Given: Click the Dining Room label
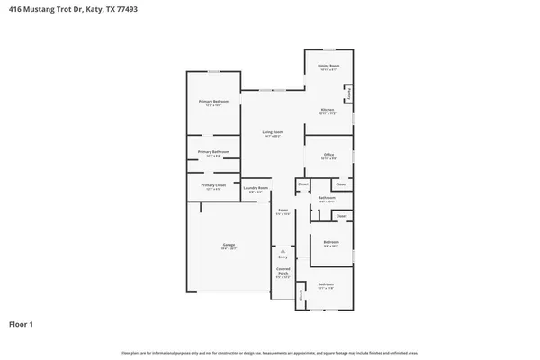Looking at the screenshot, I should (328, 66).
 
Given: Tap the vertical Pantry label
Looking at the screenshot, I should (349, 93).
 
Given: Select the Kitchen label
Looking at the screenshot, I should (328, 111).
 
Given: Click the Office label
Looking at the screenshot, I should (328, 155).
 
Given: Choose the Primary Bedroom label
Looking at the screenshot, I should (213, 102).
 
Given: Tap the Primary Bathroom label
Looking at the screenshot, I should (213, 152).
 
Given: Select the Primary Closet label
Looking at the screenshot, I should (213, 185).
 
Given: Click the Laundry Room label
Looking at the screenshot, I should (256, 188).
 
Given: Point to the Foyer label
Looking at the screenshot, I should (283, 211).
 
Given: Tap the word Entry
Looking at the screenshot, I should (283, 257).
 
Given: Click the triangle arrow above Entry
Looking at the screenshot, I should (283, 250).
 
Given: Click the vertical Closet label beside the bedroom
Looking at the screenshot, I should (301, 293).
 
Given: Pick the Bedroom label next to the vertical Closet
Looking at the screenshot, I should (325, 285).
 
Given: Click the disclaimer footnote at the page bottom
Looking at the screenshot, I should (270, 352).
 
